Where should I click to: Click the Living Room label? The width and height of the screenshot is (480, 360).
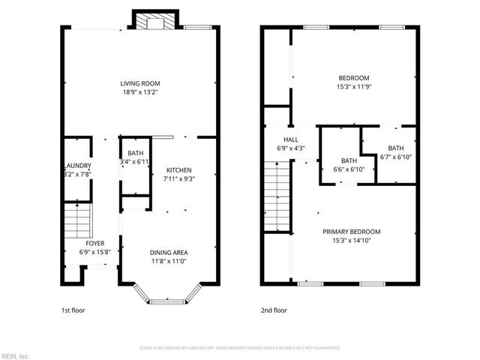[140, 83]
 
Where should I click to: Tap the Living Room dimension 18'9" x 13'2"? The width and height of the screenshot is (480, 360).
[140, 92]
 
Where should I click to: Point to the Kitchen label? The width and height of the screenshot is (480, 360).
[178, 170]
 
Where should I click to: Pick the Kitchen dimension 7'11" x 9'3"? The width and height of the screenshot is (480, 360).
[178, 179]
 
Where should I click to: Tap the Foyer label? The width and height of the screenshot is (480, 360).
[94, 244]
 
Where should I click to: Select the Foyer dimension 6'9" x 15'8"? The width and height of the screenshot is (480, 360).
[94, 253]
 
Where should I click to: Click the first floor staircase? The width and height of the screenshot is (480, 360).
[76, 220]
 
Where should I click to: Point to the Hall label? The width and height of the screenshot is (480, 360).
[291, 139]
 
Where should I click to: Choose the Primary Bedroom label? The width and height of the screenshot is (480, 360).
[351, 231]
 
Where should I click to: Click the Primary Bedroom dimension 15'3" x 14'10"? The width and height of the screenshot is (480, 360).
[351, 240]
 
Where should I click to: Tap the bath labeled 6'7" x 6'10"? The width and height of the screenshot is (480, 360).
[396, 152]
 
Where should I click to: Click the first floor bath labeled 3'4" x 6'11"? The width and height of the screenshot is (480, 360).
[134, 157]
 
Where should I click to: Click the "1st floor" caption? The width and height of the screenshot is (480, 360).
[73, 309]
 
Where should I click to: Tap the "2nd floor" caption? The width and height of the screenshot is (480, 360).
[274, 309]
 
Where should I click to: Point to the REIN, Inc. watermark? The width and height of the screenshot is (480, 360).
[15, 355]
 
